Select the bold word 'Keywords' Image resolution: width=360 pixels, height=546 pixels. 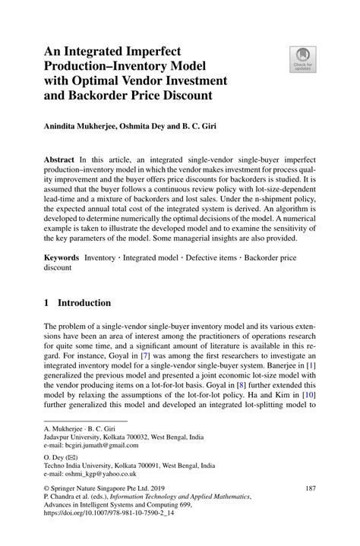(65, 259)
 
